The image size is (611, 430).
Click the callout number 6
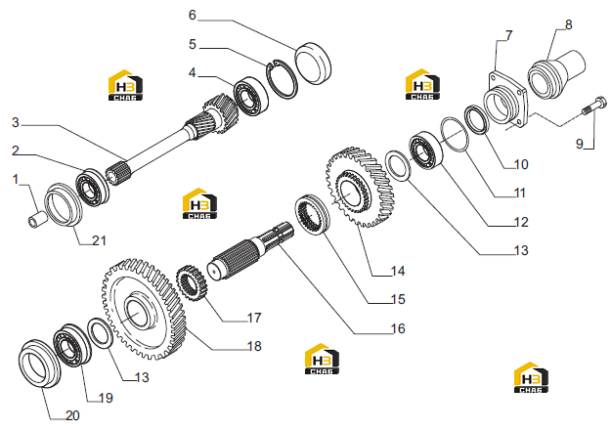193,15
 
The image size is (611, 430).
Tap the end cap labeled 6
313,64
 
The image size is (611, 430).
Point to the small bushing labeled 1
37,219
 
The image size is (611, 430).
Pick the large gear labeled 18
144,309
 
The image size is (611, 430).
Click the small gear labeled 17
193,283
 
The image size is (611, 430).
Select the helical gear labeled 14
360,187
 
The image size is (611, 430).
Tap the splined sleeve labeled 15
313,215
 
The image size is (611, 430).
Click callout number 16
398,328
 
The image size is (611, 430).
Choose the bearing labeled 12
425,150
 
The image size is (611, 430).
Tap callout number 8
569,24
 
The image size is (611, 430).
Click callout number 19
106,398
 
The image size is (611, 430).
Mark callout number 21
99,240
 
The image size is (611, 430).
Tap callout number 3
16,122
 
